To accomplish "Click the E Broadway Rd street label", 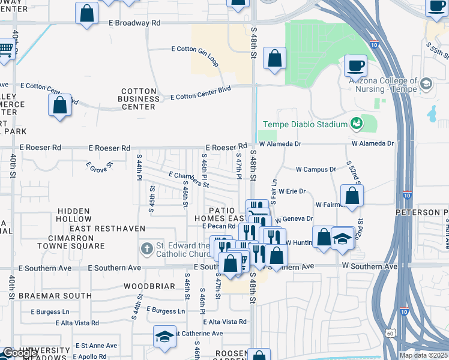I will (x=135, y=23).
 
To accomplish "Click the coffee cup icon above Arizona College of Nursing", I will (x=356, y=64).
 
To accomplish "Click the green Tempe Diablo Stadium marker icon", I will (x=357, y=124).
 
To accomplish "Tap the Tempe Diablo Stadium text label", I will (x=306, y=124).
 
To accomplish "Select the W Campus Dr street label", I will (x=316, y=170).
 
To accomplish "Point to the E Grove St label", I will (x=99, y=165).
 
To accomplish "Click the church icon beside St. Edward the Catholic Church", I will (x=146, y=248).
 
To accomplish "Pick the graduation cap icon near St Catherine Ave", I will (x=164, y=337).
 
